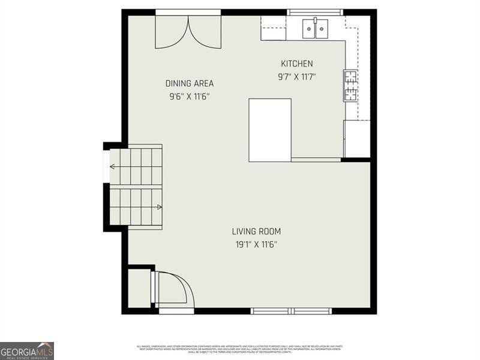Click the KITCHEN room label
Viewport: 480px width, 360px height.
click(297, 64)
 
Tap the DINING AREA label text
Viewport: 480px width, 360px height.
click(190, 83)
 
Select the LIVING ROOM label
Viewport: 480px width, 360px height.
click(256, 231)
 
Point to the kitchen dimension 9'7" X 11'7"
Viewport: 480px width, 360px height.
click(296, 77)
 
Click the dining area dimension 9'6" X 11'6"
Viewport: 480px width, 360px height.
click(190, 96)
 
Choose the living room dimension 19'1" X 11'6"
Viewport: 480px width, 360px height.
click(256, 244)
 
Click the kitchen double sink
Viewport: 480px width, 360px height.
click(316, 28)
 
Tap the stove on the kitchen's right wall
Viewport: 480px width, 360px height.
click(350, 86)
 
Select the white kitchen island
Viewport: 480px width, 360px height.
click(270, 130)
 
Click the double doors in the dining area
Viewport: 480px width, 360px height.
click(188, 31)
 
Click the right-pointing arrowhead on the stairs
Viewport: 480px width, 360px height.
click(159, 207)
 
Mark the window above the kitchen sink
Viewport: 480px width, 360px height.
click(315, 12)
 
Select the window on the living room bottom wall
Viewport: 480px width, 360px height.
click(291, 311)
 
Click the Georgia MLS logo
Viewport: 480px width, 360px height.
click(27, 350)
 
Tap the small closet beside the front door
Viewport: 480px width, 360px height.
click(139, 288)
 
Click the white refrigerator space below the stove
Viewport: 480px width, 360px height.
click(357, 139)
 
